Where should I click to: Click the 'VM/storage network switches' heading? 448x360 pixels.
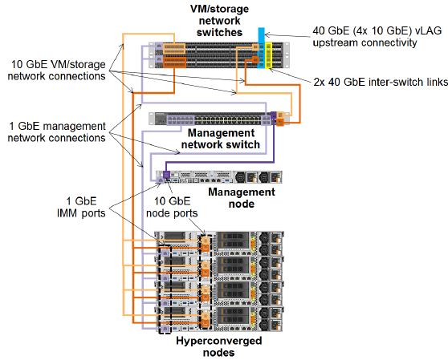coord(219,21)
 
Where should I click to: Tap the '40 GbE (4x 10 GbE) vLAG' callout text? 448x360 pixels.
coord(377,30)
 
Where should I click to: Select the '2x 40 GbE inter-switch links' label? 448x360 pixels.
coord(381,82)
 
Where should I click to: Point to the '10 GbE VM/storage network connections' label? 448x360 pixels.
coord(56,71)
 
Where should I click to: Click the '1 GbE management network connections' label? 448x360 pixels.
coord(56,131)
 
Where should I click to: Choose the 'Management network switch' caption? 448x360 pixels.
coord(221,139)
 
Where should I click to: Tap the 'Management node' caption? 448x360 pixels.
coord(242,198)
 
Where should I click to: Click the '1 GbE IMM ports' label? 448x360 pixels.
coord(81,207)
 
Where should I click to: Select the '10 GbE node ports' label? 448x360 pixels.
coord(172,207)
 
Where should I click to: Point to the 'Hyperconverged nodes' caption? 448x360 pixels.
coord(219,346)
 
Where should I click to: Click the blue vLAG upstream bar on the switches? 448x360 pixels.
coord(261,48)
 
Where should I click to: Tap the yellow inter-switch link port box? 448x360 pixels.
coord(269,55)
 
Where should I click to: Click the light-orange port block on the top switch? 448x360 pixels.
coord(174,48)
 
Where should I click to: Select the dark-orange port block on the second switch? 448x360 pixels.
coord(174,63)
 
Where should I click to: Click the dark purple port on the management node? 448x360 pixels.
coord(166,174)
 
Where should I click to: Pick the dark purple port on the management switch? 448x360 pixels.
coord(274,115)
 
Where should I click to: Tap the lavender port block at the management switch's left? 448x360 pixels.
coord(181,119)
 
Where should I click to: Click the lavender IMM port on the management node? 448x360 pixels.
coord(161,180)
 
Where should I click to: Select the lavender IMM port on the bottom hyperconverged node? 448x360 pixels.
coord(165,329)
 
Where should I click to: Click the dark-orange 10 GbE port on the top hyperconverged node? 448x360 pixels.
coord(206,249)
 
